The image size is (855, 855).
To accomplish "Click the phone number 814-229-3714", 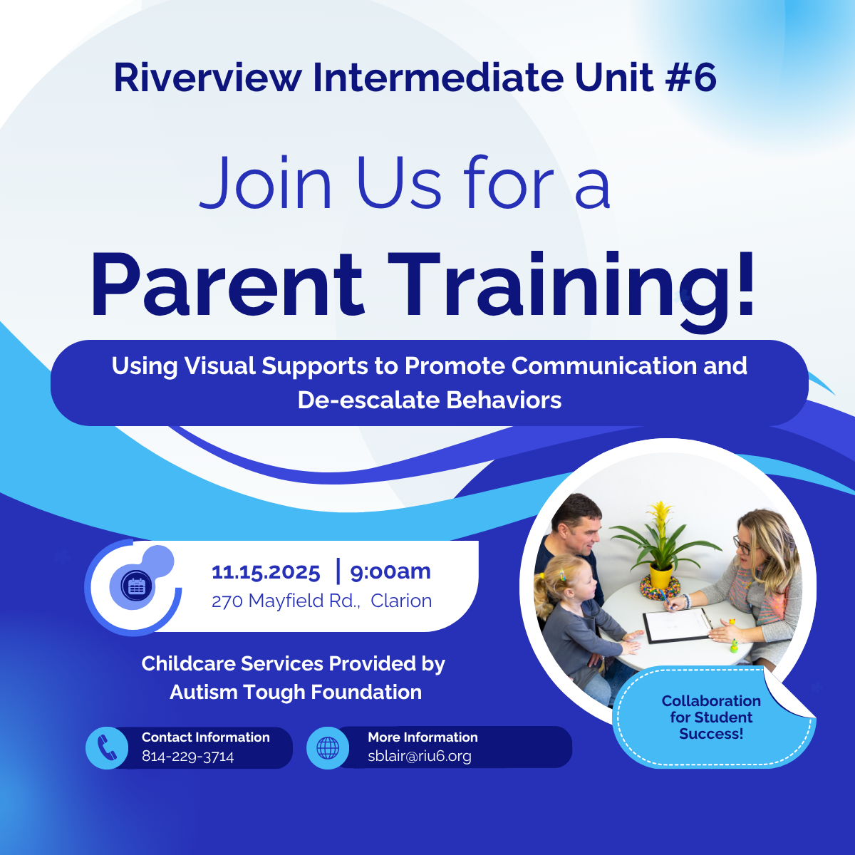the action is pos(187,756).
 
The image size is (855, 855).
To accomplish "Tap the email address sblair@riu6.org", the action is pos(419,756).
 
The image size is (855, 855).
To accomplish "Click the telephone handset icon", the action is pos(107,747).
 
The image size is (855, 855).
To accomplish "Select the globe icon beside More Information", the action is pos(328,748).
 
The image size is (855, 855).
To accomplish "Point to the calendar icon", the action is pos(137,586).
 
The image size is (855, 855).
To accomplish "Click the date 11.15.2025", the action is pos(266,572).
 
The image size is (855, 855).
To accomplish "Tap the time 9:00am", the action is pos(390,572).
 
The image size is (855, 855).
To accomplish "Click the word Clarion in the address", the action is pos(401,601).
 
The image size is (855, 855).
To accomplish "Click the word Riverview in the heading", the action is pos(207,78).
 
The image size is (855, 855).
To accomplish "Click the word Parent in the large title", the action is pos(227,284).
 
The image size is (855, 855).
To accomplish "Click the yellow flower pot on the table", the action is pos(661,576).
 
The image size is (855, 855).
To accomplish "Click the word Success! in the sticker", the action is pos(711,734).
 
